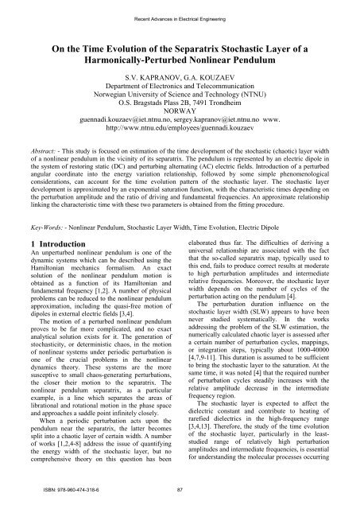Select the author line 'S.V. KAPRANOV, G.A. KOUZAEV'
coord(179,78)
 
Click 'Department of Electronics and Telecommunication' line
coord(179,88)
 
